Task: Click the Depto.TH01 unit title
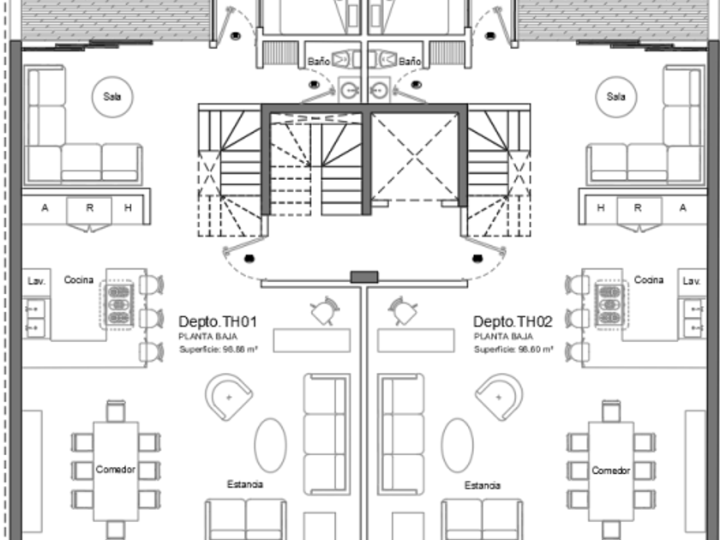click(x=218, y=321)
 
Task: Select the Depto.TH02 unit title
click(x=513, y=321)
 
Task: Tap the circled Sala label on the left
click(x=111, y=97)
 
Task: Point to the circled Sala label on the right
click(x=615, y=97)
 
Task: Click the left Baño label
click(x=318, y=62)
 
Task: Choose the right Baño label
click(x=410, y=62)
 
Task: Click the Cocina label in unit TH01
click(x=79, y=280)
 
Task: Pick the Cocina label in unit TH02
click(x=649, y=280)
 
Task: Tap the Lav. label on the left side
click(x=35, y=281)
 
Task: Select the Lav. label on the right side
click(x=691, y=281)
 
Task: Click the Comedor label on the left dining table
click(x=116, y=470)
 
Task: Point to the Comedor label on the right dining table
click(x=611, y=471)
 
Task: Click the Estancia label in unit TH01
click(x=245, y=485)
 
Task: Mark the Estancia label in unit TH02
click(x=483, y=486)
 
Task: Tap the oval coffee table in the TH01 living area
click(x=270, y=444)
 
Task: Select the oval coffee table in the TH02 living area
click(x=458, y=444)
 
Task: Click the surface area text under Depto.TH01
click(x=218, y=349)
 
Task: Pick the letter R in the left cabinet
click(x=88, y=207)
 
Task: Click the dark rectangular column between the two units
click(x=364, y=276)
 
